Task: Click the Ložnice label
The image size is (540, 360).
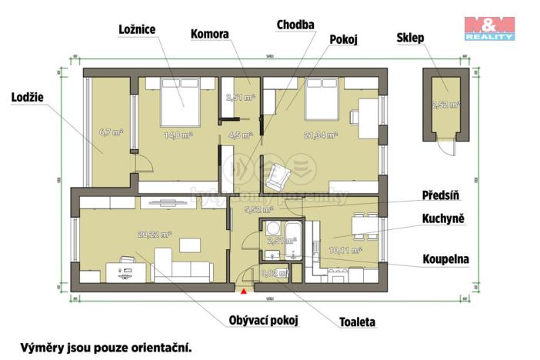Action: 138,29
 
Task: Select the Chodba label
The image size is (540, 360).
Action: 295,25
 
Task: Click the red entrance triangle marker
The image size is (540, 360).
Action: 245,292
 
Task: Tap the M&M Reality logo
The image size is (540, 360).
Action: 489,27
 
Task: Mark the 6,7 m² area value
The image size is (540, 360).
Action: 111,132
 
